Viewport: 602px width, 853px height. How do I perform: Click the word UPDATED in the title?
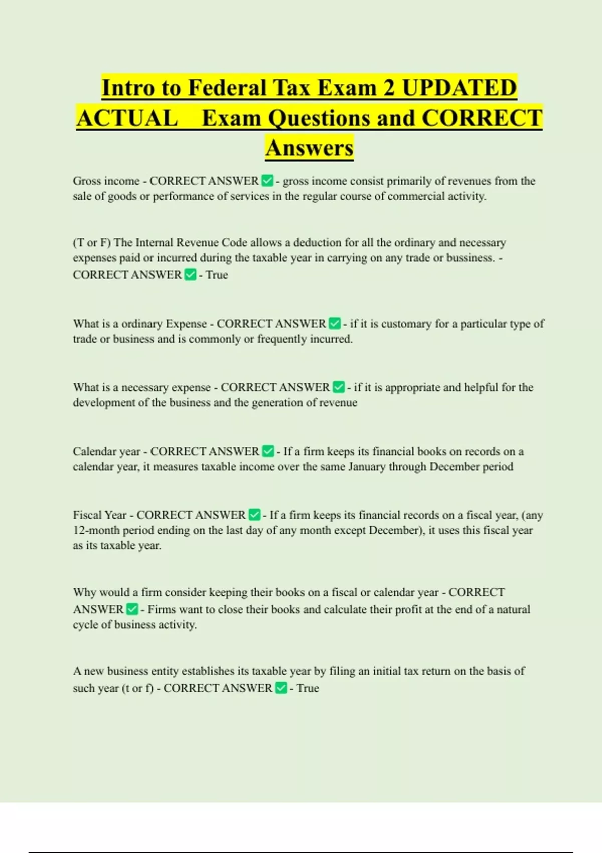point(459,88)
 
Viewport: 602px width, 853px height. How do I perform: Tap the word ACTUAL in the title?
point(127,118)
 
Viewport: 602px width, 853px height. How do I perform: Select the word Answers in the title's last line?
point(310,148)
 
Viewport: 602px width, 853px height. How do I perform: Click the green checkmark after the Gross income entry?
point(267,181)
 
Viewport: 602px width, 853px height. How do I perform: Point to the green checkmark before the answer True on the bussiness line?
point(190,275)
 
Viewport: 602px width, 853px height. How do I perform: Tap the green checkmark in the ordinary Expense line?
point(335,324)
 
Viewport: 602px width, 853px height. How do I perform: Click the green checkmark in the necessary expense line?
point(339,387)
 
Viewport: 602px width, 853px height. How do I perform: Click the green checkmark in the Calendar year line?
point(268,451)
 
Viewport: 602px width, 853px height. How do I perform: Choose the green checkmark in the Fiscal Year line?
point(254,515)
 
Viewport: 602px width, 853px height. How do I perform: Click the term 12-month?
point(96,530)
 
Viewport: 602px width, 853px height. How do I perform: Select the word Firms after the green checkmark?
point(161,609)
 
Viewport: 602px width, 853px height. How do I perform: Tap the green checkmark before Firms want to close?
point(132,609)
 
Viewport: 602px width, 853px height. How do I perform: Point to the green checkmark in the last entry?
point(281,688)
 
